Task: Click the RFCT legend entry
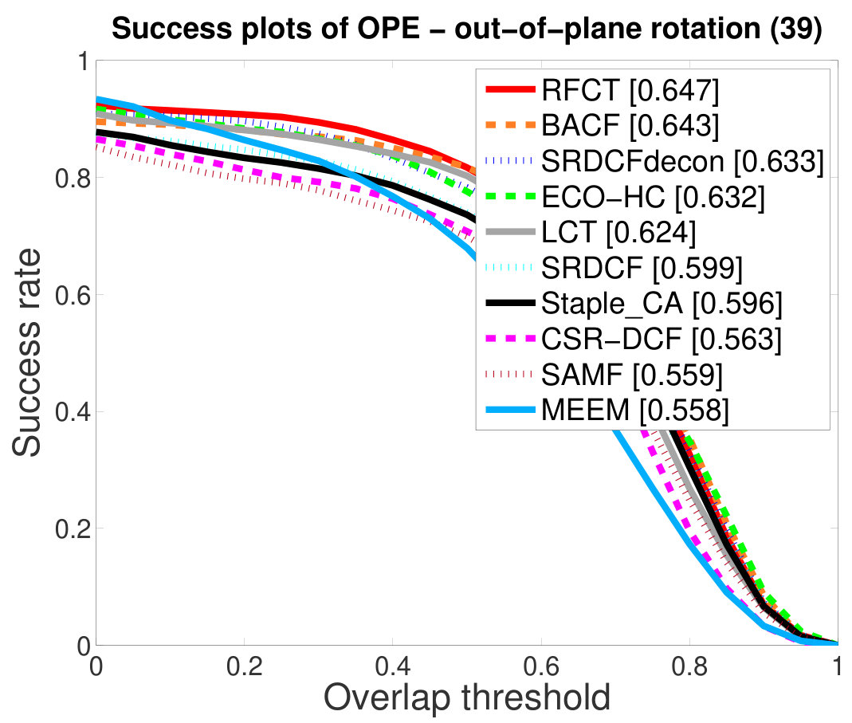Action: [x=630, y=90]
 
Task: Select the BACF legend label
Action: [x=630, y=125]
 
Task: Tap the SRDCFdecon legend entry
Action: [x=683, y=161]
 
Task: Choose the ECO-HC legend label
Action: [x=653, y=196]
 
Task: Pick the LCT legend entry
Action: [x=619, y=232]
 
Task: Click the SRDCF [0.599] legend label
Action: [x=642, y=268]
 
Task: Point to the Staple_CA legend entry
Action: [x=662, y=304]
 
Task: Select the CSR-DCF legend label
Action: [x=662, y=339]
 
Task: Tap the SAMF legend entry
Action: [x=633, y=375]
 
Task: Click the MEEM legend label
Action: [x=635, y=410]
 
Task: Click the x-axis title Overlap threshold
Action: [x=467, y=697]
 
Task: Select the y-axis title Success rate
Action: [x=26, y=352]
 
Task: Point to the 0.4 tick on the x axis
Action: [x=393, y=666]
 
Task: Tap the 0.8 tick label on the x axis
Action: [x=689, y=666]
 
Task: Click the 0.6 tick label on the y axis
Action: [x=73, y=295]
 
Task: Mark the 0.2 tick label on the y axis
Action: [x=73, y=528]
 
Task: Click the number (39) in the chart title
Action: [x=796, y=28]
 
